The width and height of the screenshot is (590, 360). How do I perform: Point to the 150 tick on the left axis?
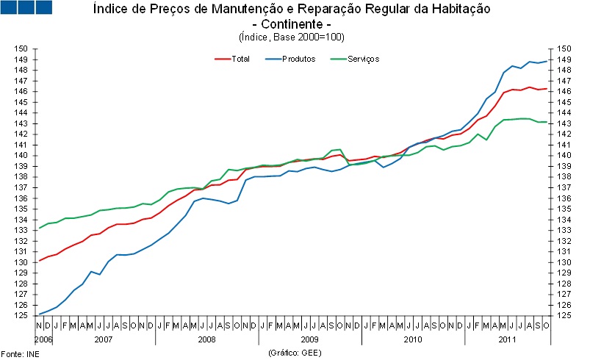[x=25, y=48]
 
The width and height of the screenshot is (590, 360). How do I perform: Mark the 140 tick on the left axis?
[x=25, y=156]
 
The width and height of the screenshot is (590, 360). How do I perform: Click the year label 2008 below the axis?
[x=206, y=340]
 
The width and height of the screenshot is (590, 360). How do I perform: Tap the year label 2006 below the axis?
[x=43, y=340]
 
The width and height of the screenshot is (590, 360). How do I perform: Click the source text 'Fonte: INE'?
[x=17, y=353]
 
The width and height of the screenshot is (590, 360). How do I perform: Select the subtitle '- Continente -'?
[x=292, y=24]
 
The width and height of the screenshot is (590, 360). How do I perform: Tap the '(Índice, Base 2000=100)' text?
[x=292, y=37]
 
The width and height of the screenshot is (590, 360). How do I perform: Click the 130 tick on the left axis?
[x=25, y=262]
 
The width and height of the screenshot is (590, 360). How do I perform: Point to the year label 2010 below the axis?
[x=412, y=340]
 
